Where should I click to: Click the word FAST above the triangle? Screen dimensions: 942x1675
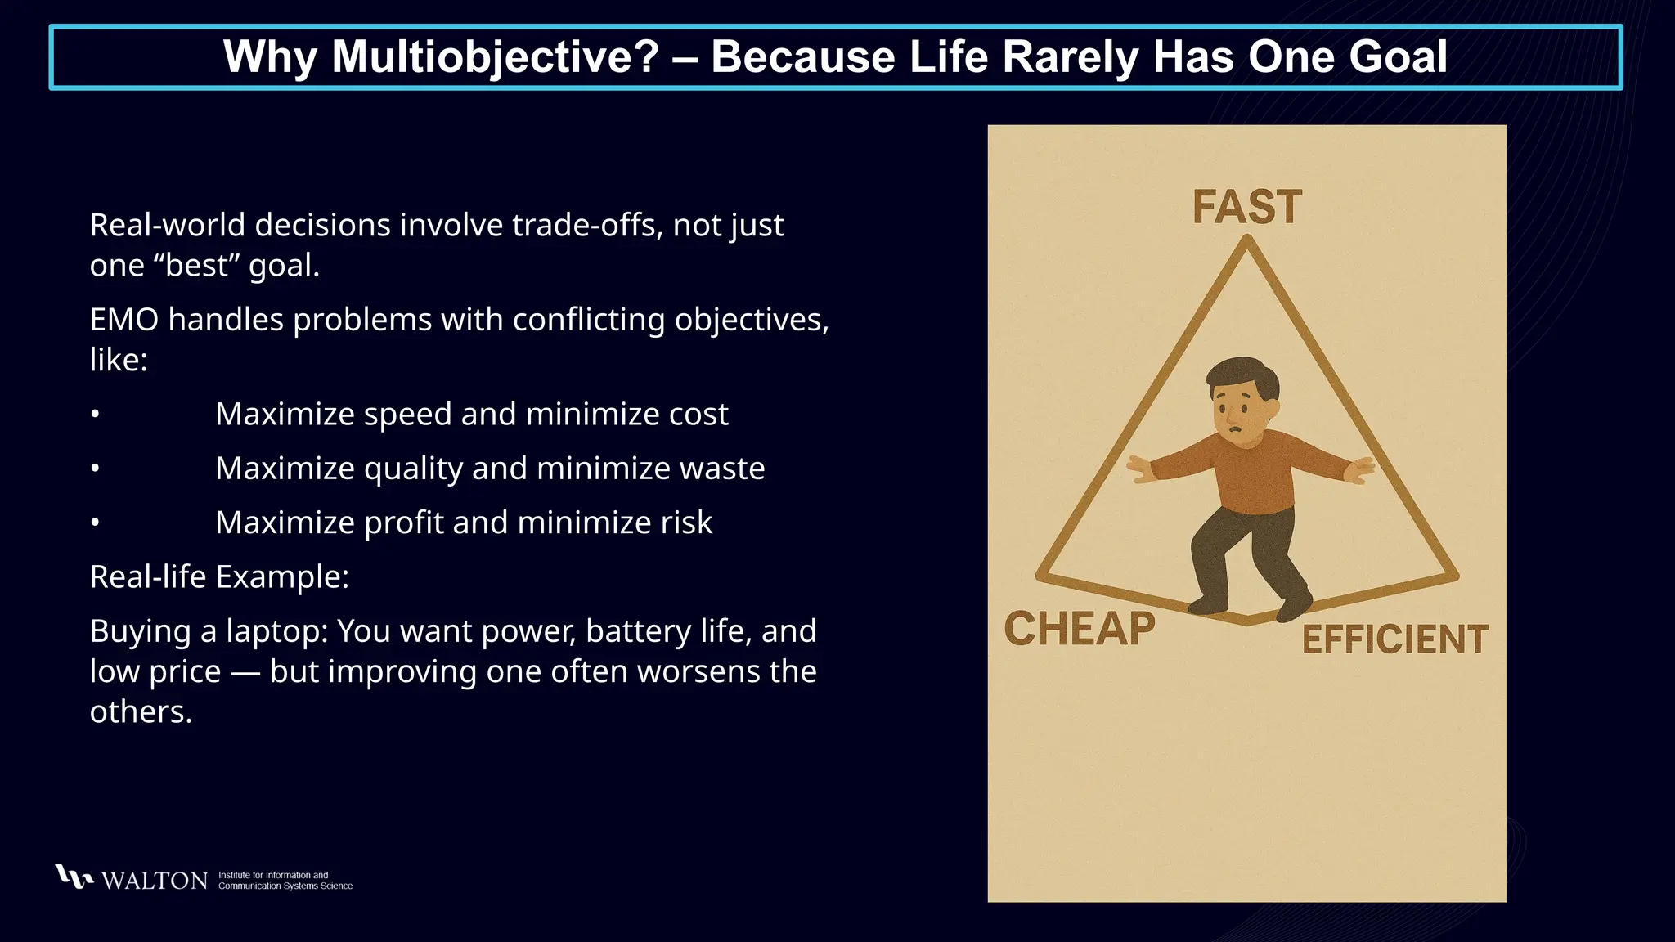click(1246, 207)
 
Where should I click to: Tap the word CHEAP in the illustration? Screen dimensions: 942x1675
click(1080, 629)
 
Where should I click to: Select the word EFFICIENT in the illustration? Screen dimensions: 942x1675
click(1394, 639)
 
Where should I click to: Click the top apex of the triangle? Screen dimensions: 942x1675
click(1246, 240)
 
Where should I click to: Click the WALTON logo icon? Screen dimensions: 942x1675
click(73, 877)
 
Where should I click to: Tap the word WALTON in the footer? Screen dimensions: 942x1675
click(155, 881)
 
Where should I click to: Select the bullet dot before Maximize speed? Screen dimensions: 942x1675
click(95, 415)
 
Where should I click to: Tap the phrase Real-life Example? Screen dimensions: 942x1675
click(219, 577)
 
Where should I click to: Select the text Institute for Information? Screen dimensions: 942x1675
click(273, 875)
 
